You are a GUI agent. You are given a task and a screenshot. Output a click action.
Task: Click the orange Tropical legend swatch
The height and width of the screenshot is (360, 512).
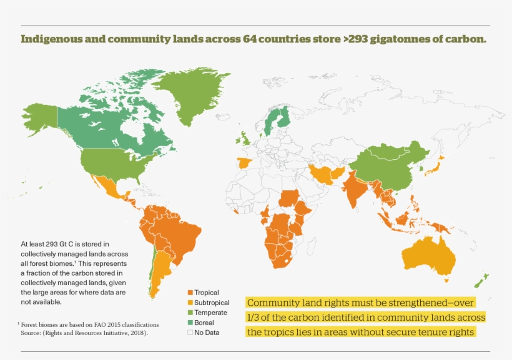click(190, 293)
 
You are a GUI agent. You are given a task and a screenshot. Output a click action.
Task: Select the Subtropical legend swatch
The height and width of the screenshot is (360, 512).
click(190, 303)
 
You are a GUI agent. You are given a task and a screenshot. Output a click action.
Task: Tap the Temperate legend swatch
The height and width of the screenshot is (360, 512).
click(190, 313)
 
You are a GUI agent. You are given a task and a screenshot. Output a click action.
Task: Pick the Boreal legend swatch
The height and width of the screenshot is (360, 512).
click(190, 323)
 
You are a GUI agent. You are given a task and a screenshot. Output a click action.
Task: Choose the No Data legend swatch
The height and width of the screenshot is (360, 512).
click(190, 333)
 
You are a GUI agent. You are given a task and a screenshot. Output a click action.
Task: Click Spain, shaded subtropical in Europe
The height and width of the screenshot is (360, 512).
click(244, 164)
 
